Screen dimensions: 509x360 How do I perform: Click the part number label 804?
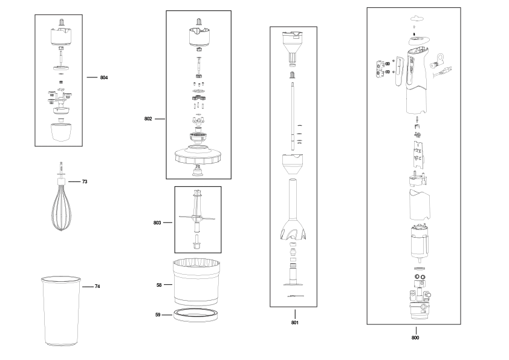tap(104, 77)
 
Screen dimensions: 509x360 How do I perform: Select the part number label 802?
tap(148, 119)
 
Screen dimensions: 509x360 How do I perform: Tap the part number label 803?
tap(157, 223)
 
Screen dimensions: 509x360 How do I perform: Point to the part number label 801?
tap(295, 322)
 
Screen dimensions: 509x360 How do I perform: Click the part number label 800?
tap(415, 338)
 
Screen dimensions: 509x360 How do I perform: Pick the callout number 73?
tap(85, 182)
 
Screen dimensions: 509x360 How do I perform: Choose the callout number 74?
tap(97, 286)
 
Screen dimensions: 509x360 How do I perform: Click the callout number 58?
tap(159, 285)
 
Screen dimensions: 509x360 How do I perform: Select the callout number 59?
tap(158, 315)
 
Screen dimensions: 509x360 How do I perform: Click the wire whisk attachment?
tap(61, 201)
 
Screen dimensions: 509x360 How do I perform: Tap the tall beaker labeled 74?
tap(60, 311)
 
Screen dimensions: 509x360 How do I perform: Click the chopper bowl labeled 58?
tap(196, 282)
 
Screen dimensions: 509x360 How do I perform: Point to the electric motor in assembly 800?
tap(420, 241)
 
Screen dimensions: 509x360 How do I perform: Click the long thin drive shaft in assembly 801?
tap(293, 116)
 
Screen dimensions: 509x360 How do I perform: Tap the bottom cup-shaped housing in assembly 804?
tap(61, 133)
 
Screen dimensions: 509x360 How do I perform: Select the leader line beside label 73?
tap(74, 182)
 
